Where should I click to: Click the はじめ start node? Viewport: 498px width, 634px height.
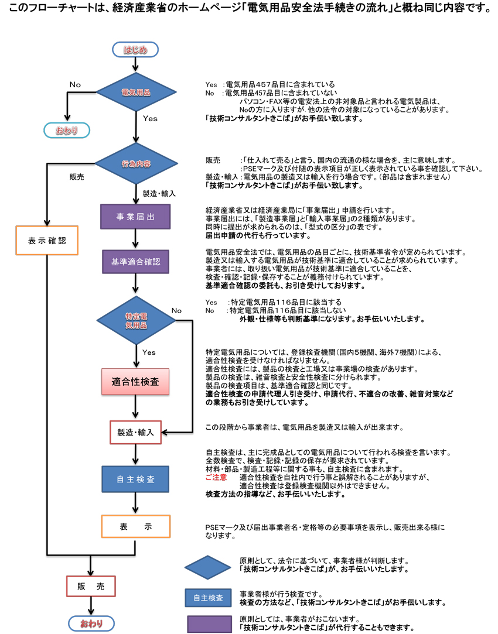tap(135, 50)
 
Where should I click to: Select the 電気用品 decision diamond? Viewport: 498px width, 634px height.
tap(136, 92)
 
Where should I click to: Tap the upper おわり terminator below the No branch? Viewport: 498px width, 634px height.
tap(67, 131)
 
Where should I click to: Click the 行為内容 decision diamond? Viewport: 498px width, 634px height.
tap(136, 163)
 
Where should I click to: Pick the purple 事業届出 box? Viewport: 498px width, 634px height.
tap(135, 216)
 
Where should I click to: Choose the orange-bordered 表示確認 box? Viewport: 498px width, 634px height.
tap(47, 241)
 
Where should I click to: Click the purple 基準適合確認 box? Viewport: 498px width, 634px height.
tap(135, 262)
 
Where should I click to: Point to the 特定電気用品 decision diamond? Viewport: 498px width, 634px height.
tap(136, 320)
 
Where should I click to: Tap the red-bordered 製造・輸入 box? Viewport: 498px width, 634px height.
tap(135, 433)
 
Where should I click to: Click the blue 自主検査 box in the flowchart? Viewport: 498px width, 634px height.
tap(135, 479)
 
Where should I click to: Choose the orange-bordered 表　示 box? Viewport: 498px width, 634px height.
tap(135, 526)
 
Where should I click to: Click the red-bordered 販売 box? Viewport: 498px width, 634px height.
tap(91, 586)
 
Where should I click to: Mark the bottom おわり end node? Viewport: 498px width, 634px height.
tap(91, 623)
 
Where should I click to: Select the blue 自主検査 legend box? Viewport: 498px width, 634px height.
tap(208, 598)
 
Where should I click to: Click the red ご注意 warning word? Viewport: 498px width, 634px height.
tap(216, 478)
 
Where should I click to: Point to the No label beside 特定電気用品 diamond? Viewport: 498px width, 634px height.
tap(176, 310)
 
